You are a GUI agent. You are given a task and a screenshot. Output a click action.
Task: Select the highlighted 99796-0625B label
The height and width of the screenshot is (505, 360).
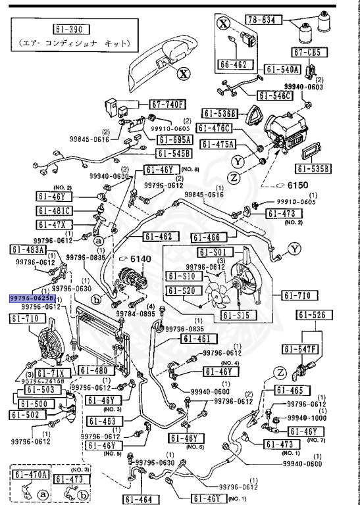click(x=32, y=298)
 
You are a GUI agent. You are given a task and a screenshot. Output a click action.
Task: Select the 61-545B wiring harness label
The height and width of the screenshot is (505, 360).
click(x=173, y=154)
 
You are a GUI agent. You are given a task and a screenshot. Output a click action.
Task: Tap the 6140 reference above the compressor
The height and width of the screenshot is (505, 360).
click(x=136, y=259)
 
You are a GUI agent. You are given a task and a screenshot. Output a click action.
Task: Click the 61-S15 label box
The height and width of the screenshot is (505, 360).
click(x=234, y=316)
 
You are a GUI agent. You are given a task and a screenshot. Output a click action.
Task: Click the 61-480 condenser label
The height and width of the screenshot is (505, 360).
click(x=97, y=371)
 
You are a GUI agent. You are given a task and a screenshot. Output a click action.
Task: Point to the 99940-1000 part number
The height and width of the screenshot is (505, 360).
click(x=307, y=418)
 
